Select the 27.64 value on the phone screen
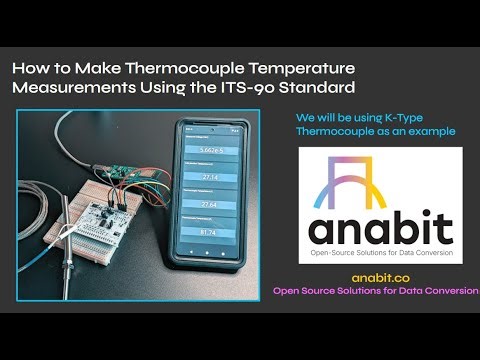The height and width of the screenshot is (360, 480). [210, 204]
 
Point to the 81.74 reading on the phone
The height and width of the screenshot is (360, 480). [209, 233]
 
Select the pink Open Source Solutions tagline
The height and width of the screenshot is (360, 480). [376, 291]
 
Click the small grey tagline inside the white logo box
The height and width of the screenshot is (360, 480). [381, 252]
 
